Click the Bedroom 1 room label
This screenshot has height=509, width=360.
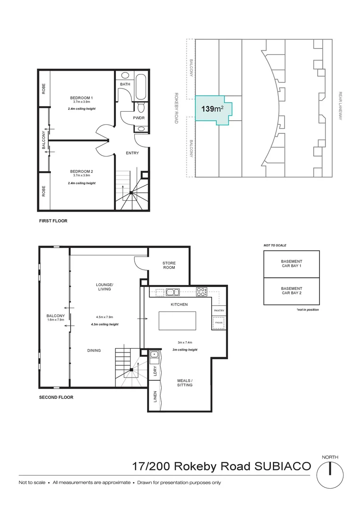pos(82,98)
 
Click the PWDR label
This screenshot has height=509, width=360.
pos(138,118)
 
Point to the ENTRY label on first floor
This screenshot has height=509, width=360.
pos(132,153)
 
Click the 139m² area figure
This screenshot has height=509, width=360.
pos(212,109)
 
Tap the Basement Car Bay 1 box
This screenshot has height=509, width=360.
pos(291,264)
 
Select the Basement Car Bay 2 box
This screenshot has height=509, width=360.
pos(291,291)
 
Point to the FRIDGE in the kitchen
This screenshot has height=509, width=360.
pos(219,323)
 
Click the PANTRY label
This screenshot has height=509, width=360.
pos(219,311)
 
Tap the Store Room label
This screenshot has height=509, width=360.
pos(169,265)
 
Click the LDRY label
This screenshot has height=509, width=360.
pos(155,371)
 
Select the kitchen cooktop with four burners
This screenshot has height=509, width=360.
pos(201,292)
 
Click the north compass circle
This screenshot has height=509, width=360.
pos(330,474)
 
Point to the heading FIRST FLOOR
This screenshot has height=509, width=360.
pos(53,221)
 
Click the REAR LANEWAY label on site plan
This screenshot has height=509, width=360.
pos(340,106)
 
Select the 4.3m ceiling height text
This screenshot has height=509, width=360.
pos(105,324)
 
